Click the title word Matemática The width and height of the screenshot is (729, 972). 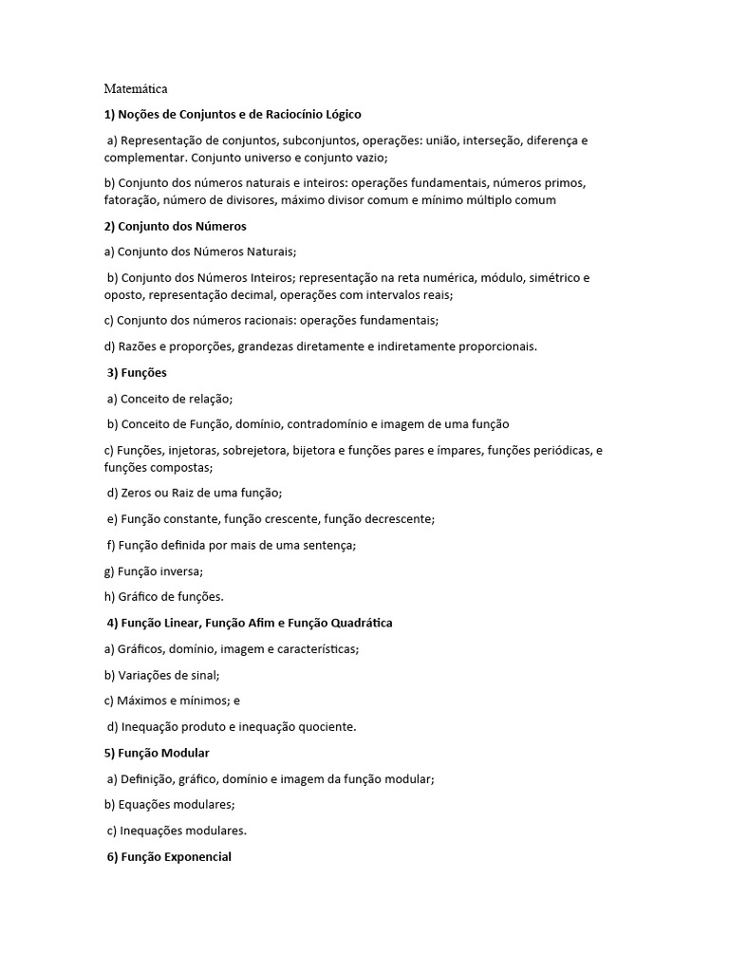136,89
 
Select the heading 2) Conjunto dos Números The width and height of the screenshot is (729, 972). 176,226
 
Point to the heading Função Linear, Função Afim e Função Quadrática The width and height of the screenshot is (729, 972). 250,623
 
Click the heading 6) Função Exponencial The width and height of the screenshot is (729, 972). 169,856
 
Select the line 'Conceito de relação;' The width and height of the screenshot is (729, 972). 170,399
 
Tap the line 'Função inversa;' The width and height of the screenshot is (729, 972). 154,571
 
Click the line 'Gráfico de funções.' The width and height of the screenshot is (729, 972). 164,597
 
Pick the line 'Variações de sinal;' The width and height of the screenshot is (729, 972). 162,675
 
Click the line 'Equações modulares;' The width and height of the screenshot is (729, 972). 169,804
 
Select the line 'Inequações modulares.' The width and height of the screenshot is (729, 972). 177,831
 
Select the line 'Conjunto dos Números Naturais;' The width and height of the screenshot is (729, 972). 200,252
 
